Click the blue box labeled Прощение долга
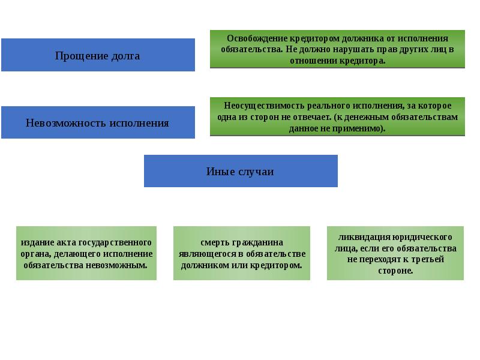[98, 55]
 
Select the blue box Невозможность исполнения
[98, 122]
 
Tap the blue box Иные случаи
[241, 171]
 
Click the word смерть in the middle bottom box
[214, 242]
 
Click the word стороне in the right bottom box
[395, 271]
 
